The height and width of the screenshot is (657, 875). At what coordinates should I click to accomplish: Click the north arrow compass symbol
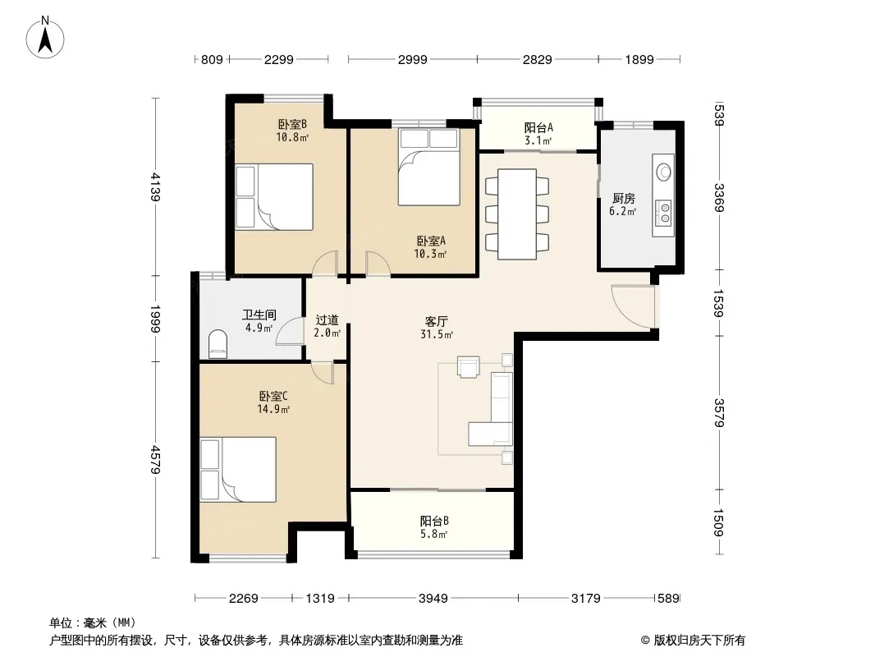coord(45,38)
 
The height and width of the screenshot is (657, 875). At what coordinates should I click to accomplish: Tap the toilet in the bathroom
coord(218,344)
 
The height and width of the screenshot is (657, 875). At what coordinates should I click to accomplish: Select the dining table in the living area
coord(517,214)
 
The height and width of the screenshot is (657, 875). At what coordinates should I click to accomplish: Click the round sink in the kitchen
coord(664,172)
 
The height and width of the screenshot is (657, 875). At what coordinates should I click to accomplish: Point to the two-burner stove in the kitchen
coord(664,213)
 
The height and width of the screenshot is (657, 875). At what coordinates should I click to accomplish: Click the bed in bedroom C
coord(238,470)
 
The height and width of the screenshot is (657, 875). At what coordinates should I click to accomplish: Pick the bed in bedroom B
coord(274,196)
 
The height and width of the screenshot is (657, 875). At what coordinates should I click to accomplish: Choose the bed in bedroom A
coord(428,167)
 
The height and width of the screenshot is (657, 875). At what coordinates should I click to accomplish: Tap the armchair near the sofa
coord(468,367)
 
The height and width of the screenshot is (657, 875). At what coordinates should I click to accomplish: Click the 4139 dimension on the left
coord(155,187)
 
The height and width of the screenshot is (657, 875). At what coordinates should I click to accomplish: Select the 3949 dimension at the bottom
coord(433,599)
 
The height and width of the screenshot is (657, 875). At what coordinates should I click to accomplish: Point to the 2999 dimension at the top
coord(412,59)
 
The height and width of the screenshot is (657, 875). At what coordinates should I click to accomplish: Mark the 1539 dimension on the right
coord(719,303)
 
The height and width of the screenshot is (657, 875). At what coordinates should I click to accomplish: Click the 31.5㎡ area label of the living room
coord(437,334)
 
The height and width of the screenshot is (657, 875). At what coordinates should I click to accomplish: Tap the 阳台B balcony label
coord(434,521)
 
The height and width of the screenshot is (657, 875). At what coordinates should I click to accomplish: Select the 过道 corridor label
coord(327,319)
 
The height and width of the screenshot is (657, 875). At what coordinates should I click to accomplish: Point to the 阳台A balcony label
coord(538,127)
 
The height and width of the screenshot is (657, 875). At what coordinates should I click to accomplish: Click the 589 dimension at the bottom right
coord(668,599)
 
